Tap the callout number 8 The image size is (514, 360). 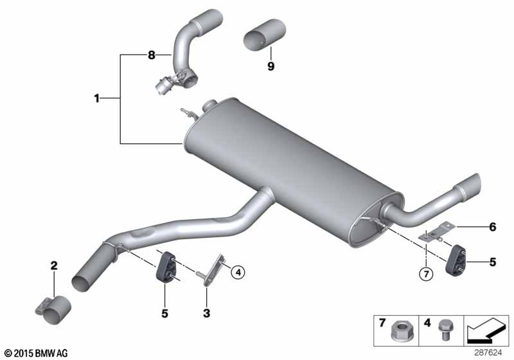pyautogui.click(x=152, y=56)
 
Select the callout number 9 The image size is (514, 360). pyautogui.click(x=270, y=66)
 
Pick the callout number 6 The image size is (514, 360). pyautogui.click(x=493, y=226)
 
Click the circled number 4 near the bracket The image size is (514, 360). pyautogui.click(x=237, y=273)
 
